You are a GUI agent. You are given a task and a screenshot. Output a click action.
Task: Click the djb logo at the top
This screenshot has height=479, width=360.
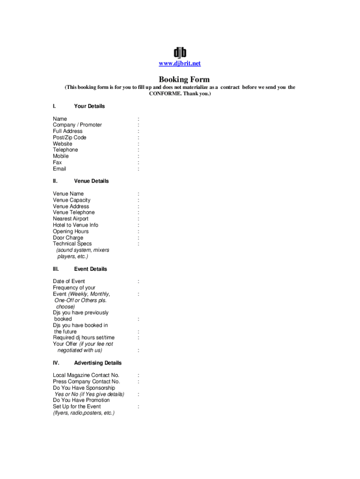coord(180,52)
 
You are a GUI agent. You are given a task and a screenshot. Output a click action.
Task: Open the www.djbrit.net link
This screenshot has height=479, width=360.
coord(180,64)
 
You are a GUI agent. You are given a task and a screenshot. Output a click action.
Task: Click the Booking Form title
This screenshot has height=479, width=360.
coord(184,80)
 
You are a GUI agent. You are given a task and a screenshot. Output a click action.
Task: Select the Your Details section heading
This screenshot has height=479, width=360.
coord(89,106)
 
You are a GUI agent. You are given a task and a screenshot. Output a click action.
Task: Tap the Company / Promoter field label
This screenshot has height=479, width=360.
coord(77,125)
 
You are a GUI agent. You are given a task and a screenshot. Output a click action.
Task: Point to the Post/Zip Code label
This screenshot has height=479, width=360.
coord(70,138)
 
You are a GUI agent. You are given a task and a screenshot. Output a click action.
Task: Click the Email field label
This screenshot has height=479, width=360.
coord(59,169)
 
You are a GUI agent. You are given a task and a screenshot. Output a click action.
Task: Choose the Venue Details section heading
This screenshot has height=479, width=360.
coord(91,181)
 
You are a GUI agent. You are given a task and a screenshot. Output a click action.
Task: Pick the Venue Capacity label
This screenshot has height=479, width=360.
coord(72,200)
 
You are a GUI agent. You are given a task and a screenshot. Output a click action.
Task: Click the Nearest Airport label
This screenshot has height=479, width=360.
coord(71,219)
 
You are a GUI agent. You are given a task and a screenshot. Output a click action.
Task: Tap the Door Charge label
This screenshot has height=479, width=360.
coord(68,238)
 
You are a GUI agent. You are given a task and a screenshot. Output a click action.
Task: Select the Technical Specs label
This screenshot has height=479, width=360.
coord(72,244)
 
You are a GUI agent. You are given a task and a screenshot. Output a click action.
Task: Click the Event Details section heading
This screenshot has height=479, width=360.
coord(90,269)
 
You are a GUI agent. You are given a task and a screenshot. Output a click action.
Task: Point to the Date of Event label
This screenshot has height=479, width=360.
coord(69,281)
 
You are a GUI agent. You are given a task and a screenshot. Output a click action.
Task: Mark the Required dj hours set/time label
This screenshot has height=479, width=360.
coord(84,337)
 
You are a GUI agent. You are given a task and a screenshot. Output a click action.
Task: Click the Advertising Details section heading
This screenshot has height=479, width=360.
coord(98,363)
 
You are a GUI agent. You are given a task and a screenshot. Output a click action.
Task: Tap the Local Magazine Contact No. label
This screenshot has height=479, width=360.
coord(86,375)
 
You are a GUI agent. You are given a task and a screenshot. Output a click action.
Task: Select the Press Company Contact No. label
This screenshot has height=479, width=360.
coord(86,382)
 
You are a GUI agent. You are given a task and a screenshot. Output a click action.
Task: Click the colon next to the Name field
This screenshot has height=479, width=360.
coord(138,119)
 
